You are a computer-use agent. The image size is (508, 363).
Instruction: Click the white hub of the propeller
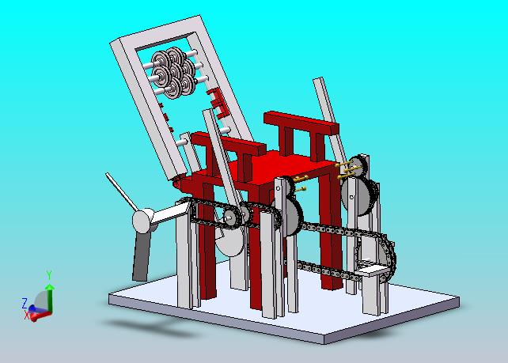point(143,221)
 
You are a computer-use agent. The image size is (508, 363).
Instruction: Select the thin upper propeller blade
point(119,191)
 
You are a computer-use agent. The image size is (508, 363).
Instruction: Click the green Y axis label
point(49,275)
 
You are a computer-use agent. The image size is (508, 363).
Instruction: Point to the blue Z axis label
point(24,304)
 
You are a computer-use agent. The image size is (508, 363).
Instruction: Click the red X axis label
point(27,315)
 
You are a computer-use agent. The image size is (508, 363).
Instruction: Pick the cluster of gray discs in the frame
point(173,73)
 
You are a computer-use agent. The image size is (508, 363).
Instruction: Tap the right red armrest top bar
point(301,123)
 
